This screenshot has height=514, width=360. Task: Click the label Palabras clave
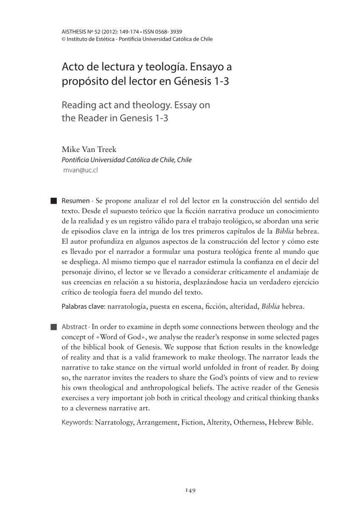83,306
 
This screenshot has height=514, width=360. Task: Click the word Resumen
75,200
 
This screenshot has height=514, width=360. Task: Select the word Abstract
75,326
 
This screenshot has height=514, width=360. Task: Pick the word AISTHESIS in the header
74,32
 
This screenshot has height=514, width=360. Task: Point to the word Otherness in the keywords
248,422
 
